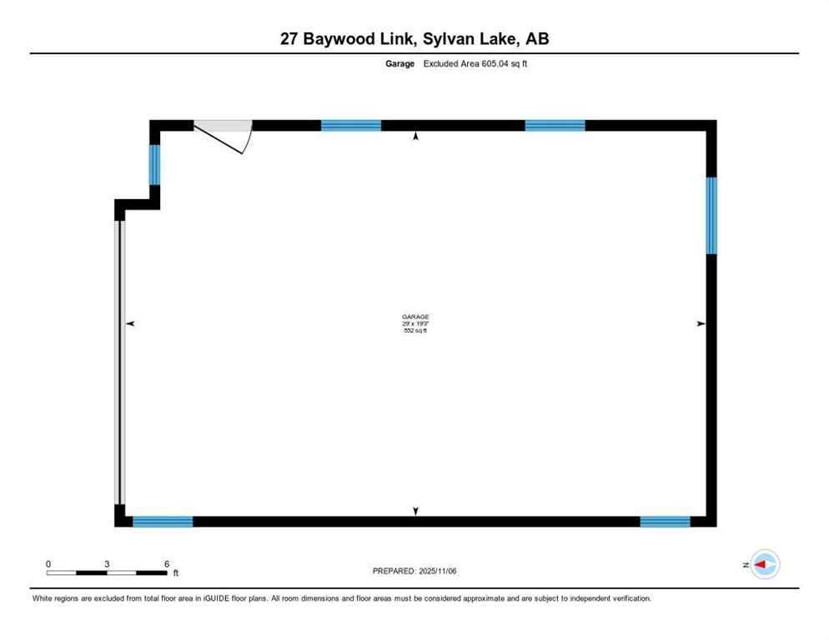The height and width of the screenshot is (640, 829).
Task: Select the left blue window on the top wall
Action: click(x=351, y=126)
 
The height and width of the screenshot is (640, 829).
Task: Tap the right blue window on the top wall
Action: click(x=555, y=126)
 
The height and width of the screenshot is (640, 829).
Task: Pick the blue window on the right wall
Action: click(x=711, y=215)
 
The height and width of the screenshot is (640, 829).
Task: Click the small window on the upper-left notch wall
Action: click(x=154, y=165)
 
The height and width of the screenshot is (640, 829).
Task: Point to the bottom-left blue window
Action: click(x=163, y=522)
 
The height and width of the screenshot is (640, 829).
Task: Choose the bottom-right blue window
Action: click(x=665, y=522)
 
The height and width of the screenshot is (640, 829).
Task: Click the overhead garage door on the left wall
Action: click(x=119, y=362)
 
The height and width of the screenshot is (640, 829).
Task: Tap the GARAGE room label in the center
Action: click(x=415, y=317)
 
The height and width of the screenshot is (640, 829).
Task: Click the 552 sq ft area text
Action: click(x=415, y=331)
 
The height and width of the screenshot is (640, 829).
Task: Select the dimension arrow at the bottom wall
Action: click(x=416, y=511)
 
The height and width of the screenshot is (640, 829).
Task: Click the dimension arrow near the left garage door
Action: click(x=130, y=322)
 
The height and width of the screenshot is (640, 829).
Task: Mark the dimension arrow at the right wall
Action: click(x=701, y=322)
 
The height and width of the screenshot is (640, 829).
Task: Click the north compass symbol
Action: click(x=764, y=565)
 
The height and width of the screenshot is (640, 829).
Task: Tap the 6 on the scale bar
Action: click(x=167, y=564)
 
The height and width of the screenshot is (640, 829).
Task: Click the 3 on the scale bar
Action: click(x=108, y=564)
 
